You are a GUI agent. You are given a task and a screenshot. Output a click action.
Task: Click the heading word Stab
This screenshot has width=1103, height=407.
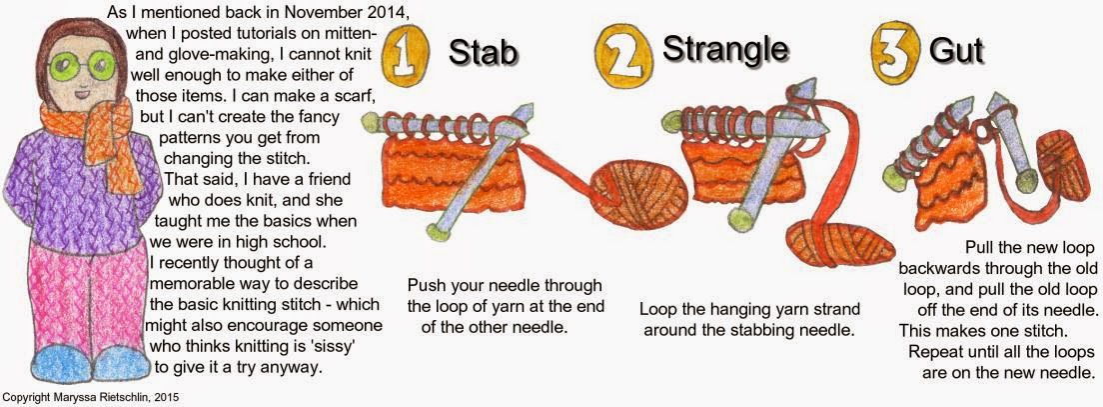coord(484,52)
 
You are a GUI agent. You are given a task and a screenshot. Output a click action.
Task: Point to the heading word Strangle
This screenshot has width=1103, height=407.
coord(725,47)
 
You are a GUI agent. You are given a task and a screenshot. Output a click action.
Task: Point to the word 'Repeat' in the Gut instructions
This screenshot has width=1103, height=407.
coord(935,351)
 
